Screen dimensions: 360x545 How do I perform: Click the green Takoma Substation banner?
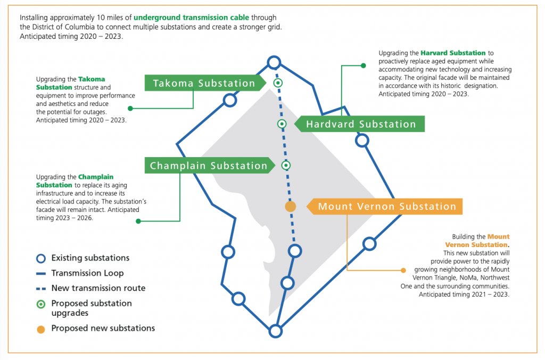tap(204, 83)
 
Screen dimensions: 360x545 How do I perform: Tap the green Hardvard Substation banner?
tap(361, 124)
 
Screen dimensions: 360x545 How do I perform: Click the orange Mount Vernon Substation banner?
tap(387, 207)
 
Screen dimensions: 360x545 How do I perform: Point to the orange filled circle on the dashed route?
tap(290, 206)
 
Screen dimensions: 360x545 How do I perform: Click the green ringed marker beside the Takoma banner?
tap(277, 83)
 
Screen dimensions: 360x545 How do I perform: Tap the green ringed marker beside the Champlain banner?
tap(286, 165)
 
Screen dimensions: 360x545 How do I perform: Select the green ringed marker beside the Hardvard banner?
tap(282, 124)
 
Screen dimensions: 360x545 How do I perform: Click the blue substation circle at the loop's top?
tap(274, 63)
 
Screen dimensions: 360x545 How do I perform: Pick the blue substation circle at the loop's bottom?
tap(275, 331)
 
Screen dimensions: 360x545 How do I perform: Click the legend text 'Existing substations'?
tap(90, 258)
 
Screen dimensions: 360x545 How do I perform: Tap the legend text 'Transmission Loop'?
tap(87, 273)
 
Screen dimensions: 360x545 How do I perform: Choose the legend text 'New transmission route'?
tap(98, 288)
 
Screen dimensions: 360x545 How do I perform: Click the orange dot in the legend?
tap(41, 329)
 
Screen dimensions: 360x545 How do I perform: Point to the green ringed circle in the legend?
tap(41, 304)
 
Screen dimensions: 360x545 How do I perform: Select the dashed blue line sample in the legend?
tap(41, 289)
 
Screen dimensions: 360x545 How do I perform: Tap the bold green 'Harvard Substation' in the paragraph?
tap(453, 53)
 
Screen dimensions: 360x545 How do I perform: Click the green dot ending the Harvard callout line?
tap(364, 66)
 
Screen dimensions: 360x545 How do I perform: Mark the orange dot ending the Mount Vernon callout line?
tap(402, 270)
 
